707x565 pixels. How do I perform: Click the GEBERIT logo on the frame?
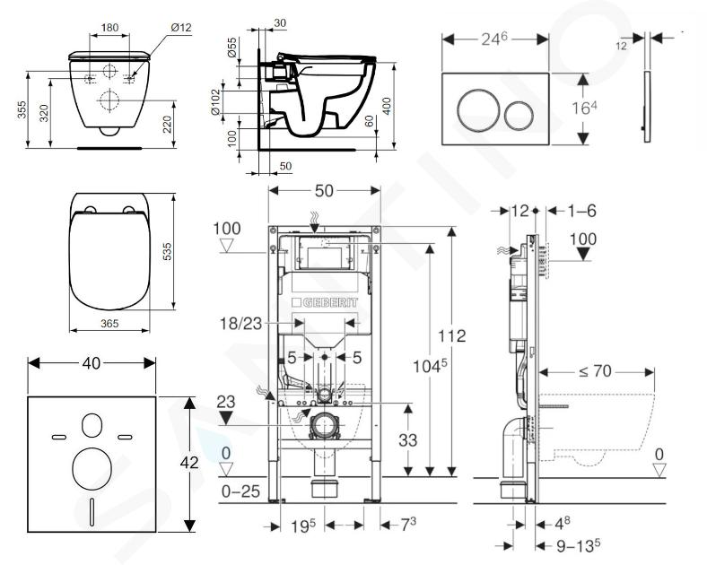point(326,303)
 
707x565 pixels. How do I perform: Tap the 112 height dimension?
point(453,336)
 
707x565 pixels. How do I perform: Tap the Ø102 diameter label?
point(214,103)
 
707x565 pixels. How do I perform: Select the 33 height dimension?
point(407,442)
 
